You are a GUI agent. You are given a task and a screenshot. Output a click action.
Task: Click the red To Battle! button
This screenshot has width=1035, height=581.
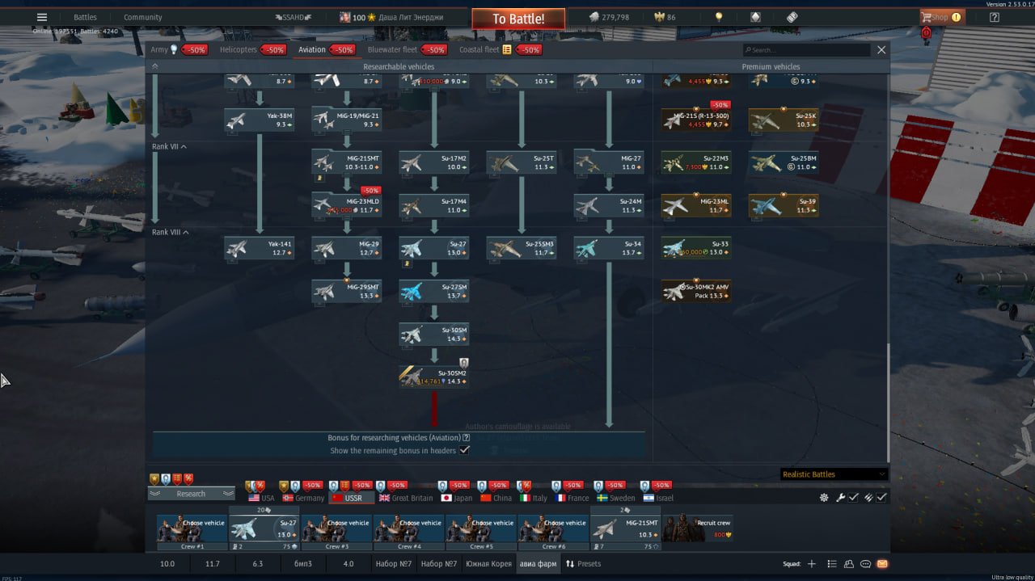(x=517, y=19)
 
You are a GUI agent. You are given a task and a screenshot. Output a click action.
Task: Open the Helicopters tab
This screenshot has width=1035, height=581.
(x=239, y=49)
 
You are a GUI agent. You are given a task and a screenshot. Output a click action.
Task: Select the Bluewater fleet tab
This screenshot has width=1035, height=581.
(x=392, y=49)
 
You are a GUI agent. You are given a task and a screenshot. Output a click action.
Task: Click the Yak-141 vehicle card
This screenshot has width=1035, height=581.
(x=260, y=248)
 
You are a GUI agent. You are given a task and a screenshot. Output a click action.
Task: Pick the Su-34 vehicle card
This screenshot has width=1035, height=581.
(x=609, y=248)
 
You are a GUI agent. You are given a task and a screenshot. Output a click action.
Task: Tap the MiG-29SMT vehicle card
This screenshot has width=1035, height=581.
(x=347, y=291)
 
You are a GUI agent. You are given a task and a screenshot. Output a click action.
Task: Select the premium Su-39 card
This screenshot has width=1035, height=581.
(x=784, y=205)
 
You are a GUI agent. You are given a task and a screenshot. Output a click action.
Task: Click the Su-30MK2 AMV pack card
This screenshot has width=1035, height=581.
(x=696, y=291)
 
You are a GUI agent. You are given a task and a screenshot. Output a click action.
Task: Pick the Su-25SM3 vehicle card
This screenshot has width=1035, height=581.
(x=522, y=248)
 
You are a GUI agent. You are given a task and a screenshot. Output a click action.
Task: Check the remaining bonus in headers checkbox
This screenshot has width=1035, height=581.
(x=464, y=451)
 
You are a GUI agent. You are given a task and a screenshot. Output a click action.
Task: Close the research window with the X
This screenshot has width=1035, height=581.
(x=881, y=50)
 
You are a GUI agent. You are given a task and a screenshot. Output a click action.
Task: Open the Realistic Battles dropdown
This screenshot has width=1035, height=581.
(x=834, y=474)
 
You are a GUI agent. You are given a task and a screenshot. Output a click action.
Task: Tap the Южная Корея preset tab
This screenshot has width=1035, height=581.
(x=489, y=563)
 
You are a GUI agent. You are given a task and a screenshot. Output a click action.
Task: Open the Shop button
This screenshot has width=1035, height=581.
(x=941, y=17)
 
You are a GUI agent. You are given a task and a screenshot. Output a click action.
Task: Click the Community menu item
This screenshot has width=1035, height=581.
(x=142, y=17)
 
